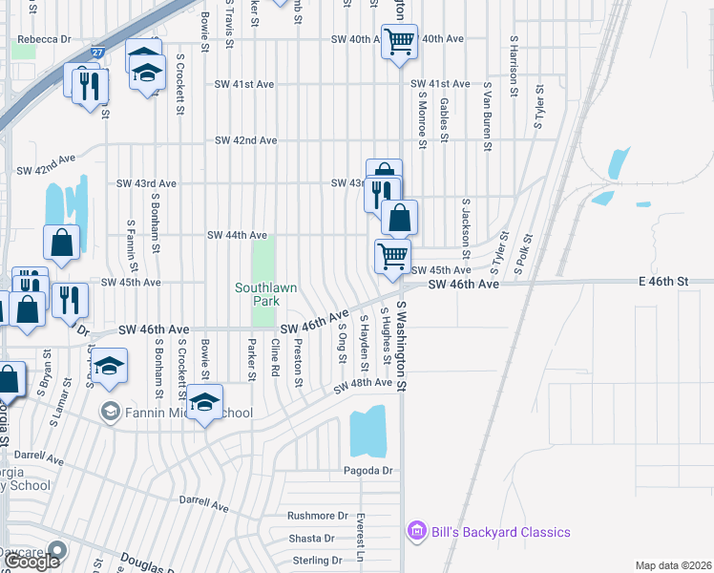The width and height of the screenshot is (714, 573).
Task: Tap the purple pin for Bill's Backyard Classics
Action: pos(415,531)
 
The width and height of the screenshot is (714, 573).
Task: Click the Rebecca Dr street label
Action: pos(44,39)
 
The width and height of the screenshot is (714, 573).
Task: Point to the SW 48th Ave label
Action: pos(363,384)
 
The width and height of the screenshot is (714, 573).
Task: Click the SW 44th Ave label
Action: pos(237,235)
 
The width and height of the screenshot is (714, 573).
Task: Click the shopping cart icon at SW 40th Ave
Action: pos(398,40)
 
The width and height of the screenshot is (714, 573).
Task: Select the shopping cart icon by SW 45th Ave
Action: pos(391,256)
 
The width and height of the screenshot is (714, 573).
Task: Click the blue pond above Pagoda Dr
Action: pos(367,432)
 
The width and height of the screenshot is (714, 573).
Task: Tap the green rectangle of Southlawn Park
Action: pos(263,258)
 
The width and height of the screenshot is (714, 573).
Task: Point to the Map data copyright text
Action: pos(673,565)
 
